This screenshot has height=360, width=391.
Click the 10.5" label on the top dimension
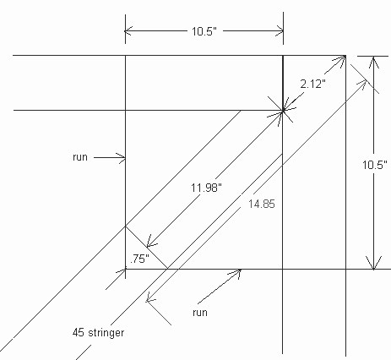point(204,31)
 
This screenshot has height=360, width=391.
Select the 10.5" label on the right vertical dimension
point(375,165)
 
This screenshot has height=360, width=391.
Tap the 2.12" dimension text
point(312,84)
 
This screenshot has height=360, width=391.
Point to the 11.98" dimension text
point(206,187)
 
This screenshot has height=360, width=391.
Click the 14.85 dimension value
point(262,204)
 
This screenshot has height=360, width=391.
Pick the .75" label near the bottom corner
point(139,259)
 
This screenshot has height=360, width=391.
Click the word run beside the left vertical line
point(80,157)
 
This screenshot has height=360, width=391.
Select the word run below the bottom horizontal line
point(200,313)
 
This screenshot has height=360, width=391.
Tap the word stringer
point(106,333)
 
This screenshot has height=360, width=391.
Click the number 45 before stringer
point(79,333)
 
